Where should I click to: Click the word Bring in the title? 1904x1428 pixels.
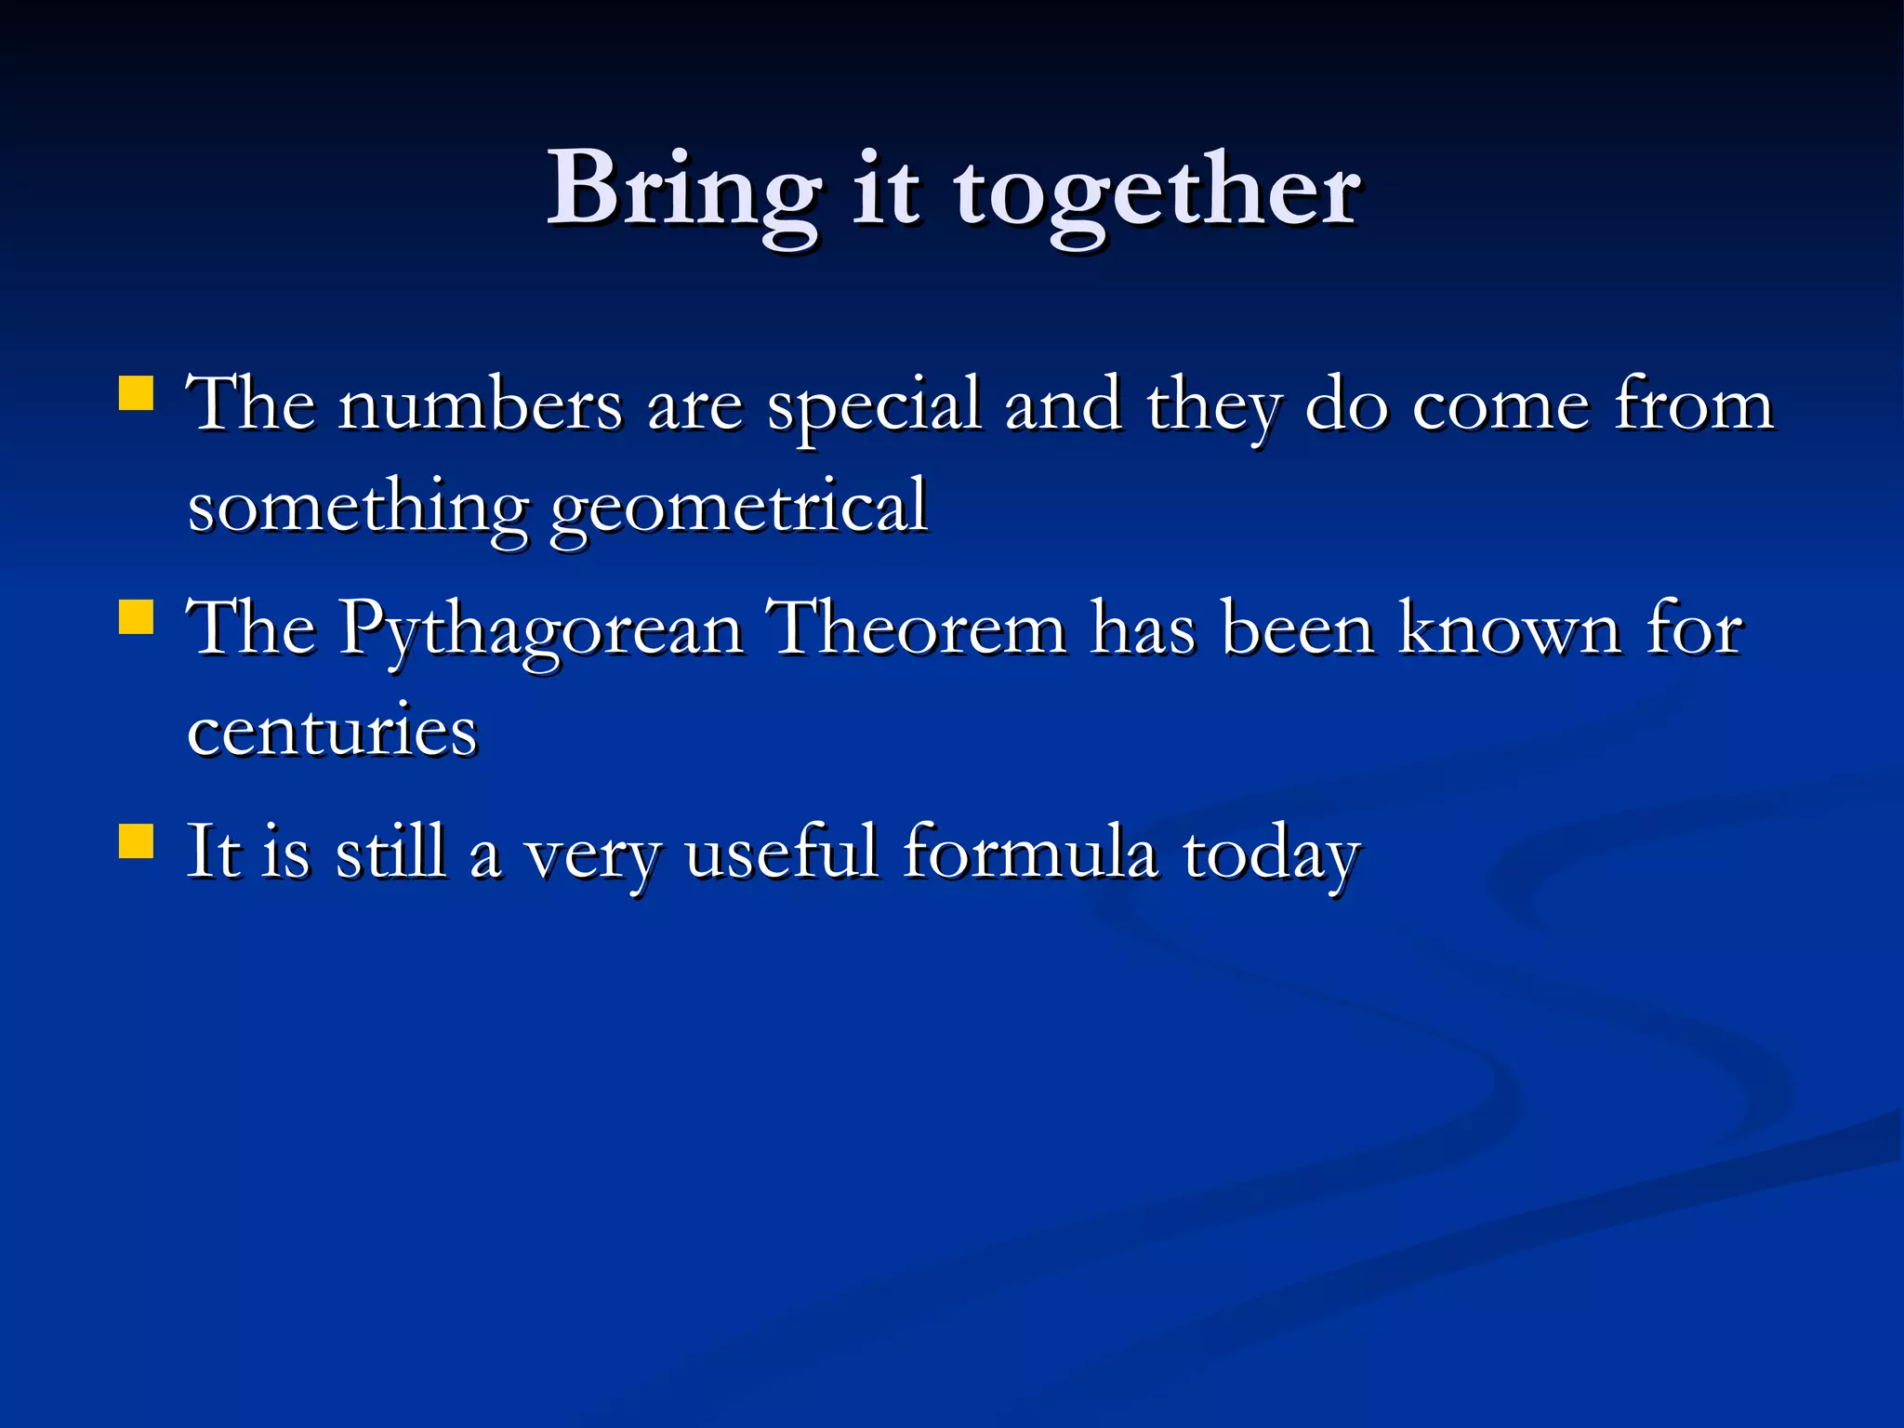tap(683, 191)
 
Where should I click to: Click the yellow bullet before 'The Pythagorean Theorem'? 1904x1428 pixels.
tap(137, 616)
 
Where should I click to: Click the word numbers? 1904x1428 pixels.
tap(479, 405)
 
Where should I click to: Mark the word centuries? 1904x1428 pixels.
tap(332, 731)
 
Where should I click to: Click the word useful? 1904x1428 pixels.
tap(781, 852)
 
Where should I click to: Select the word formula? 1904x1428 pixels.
tap(1030, 852)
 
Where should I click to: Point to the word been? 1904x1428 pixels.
tap(1297, 628)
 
